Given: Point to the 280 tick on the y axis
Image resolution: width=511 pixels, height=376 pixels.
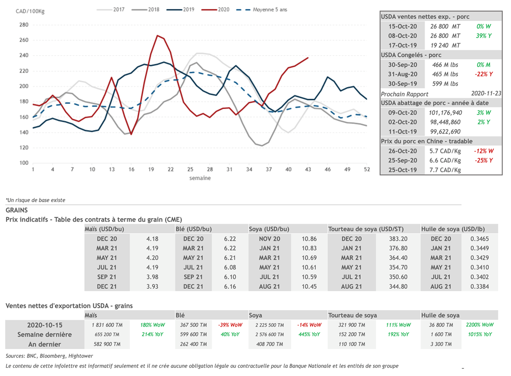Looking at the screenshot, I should point(23,24).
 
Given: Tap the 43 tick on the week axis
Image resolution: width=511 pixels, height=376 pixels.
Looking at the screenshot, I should point(308,170).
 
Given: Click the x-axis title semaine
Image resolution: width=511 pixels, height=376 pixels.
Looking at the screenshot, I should point(200,178).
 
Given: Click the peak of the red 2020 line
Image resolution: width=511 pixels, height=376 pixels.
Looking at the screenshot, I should point(158,35).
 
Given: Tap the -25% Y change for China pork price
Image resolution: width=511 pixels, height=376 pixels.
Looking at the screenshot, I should point(485,160).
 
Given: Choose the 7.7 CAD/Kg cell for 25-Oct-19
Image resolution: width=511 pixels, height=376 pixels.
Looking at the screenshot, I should point(445,170).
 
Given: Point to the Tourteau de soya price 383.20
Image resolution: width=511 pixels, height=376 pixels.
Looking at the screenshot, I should point(398,239).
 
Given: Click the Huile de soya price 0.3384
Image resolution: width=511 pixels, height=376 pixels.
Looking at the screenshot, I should point(479,286).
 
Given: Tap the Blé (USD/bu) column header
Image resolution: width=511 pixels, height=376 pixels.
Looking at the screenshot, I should point(194,229).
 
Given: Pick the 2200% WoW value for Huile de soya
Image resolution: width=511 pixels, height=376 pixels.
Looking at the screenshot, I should point(479,325).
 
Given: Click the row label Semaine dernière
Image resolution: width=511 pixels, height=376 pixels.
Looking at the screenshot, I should point(44,335).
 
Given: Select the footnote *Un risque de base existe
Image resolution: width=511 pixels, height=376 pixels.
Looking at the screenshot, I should point(35,200).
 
